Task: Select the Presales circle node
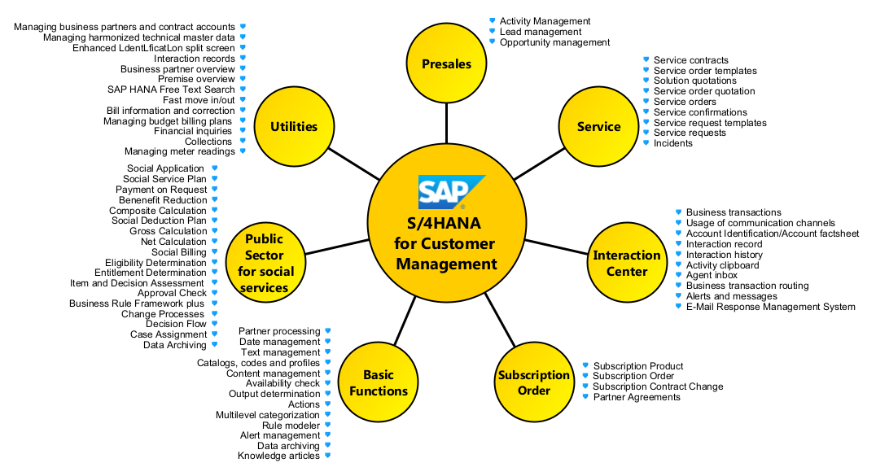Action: (446, 63)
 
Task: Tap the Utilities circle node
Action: (294, 126)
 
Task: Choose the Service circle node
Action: (598, 126)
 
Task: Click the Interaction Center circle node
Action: (626, 263)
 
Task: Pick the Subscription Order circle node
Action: (534, 382)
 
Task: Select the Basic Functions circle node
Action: (379, 382)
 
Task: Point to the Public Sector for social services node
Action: (264, 263)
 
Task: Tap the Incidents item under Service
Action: (673, 143)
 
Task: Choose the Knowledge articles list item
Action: (278, 456)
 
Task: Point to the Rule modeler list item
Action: (291, 425)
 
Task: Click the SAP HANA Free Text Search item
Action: (171, 90)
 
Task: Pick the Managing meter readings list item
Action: (179, 151)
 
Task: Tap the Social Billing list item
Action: (179, 252)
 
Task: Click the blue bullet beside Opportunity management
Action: (493, 41)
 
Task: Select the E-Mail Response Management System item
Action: (770, 307)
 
